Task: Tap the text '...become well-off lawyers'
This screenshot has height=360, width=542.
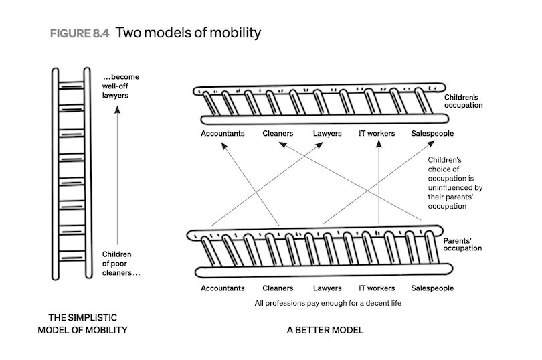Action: (120, 86)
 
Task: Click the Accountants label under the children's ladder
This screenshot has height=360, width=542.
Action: (223, 133)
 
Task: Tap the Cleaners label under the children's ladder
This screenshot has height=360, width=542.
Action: (278, 133)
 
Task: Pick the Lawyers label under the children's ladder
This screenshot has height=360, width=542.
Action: (327, 133)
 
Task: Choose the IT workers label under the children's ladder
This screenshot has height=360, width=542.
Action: (377, 133)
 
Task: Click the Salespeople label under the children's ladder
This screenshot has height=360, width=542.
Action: (432, 133)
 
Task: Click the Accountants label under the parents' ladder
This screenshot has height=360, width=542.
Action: (223, 288)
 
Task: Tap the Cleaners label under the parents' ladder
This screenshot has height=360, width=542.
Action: (278, 288)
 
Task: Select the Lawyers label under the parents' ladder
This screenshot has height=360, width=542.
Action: (327, 288)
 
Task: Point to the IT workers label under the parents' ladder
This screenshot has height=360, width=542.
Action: (377, 288)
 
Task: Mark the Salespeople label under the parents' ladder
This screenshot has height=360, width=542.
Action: (432, 288)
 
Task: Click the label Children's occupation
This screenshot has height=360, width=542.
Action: (463, 101)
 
